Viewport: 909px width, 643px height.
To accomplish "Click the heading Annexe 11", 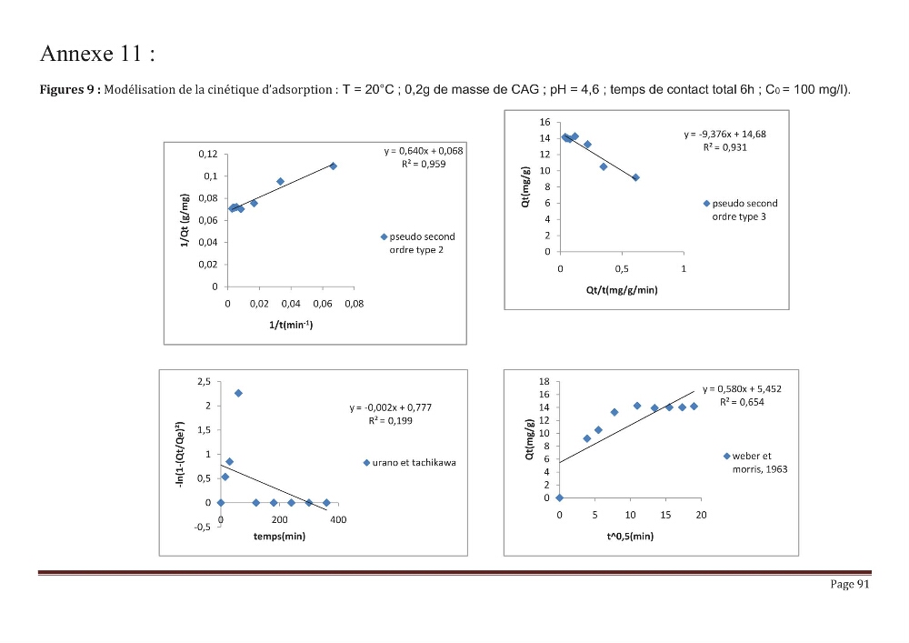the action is [x=97, y=54].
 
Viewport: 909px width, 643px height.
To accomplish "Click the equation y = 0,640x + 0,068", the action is [x=424, y=151].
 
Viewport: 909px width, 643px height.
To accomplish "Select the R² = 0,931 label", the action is [x=724, y=147].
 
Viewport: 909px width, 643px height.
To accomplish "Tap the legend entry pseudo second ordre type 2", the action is [x=417, y=243].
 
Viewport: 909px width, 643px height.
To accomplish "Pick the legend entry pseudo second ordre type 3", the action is [x=740, y=210].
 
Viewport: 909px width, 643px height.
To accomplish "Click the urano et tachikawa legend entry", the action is [x=409, y=463].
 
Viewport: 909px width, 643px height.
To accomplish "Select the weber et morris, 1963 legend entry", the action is [x=756, y=463].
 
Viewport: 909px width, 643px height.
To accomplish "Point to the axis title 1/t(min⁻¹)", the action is [x=291, y=325].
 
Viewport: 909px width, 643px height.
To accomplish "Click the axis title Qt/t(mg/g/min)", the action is [x=622, y=290].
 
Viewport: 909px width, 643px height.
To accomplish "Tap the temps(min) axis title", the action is [x=279, y=537].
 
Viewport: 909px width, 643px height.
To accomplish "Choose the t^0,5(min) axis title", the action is [x=630, y=537].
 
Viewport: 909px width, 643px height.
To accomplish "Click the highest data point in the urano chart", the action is [x=238, y=393].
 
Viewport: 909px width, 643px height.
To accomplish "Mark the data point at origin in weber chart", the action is [x=559, y=497].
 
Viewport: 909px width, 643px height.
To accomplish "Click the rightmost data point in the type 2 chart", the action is [x=334, y=166].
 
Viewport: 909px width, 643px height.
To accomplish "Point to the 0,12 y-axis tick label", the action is [x=208, y=154].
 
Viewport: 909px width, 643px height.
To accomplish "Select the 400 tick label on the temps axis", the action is [x=338, y=520].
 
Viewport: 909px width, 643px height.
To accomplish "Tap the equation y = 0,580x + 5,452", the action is [x=742, y=389].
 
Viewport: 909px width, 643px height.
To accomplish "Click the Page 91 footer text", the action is [x=850, y=584].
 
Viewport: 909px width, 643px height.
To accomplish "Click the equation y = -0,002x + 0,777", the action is [x=391, y=407].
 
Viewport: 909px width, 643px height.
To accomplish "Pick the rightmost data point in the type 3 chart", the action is [x=636, y=177].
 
